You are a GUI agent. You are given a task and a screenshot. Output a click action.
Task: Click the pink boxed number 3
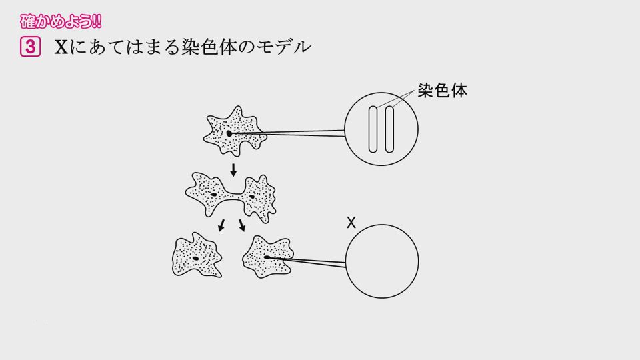click(x=30, y=47)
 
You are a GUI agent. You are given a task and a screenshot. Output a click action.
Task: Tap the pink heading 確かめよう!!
click(x=61, y=21)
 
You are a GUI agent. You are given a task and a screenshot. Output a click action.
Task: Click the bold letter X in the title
click(x=61, y=47)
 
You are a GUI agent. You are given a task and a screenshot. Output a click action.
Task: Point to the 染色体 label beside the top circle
click(x=442, y=91)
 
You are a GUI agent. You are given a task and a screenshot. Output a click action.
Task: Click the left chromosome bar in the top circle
click(x=373, y=129)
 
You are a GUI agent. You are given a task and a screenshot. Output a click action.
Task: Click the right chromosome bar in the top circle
click(x=389, y=129)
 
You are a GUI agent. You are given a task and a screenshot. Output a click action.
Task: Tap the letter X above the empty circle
click(x=351, y=223)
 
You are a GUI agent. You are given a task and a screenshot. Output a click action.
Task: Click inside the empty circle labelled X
click(x=382, y=261)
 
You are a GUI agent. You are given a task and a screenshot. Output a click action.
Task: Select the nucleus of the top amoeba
click(x=229, y=133)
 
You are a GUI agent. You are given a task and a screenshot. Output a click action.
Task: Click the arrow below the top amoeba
click(x=233, y=170)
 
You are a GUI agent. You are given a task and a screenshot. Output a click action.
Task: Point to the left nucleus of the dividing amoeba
click(x=213, y=195)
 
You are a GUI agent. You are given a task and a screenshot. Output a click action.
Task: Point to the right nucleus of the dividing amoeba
click(x=252, y=197)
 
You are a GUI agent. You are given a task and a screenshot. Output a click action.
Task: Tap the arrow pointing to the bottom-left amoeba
click(x=221, y=225)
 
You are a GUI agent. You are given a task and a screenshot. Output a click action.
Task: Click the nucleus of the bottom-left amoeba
click(x=196, y=259)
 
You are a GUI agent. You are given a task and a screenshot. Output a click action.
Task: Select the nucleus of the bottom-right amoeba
click(x=267, y=257)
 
